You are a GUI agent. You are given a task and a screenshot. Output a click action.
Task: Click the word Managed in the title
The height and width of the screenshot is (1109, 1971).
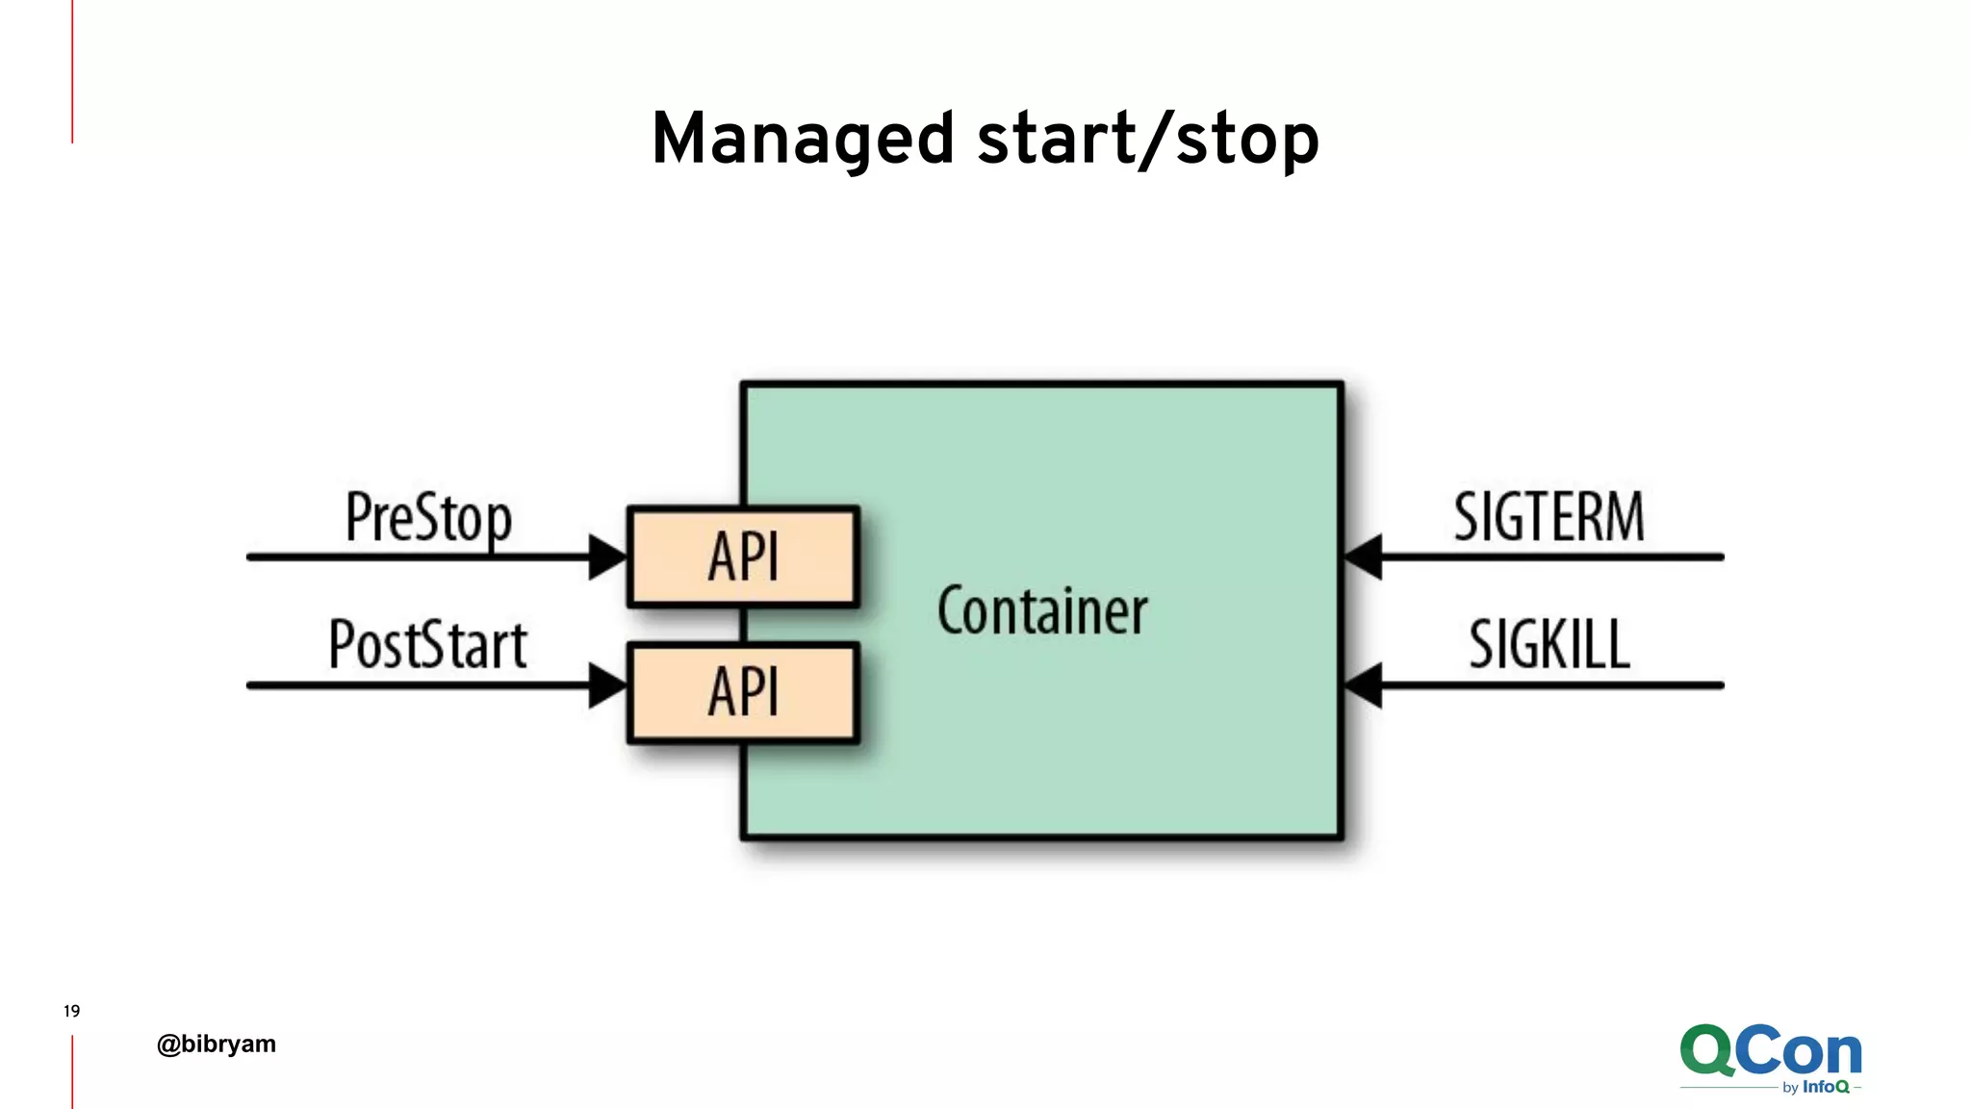click(x=803, y=140)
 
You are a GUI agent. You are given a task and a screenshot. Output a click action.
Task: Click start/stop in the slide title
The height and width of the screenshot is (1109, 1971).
click(x=1147, y=140)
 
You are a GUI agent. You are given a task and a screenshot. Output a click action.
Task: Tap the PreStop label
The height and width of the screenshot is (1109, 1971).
click(x=428, y=518)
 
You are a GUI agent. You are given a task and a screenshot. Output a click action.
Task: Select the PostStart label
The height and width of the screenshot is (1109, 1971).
click(x=428, y=644)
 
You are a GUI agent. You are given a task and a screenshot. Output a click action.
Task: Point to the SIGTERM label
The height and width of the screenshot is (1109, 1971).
click(x=1549, y=517)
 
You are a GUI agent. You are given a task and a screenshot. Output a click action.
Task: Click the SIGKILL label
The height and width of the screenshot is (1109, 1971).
click(x=1549, y=644)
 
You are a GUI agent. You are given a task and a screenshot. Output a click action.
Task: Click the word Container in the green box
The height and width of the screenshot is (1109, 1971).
click(x=1042, y=611)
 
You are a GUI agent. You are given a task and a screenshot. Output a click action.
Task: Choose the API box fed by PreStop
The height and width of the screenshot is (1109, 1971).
click(x=743, y=556)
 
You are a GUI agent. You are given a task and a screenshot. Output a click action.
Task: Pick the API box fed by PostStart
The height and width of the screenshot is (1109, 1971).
click(x=743, y=692)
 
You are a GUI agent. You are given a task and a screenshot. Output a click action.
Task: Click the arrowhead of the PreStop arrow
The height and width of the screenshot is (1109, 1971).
click(x=607, y=556)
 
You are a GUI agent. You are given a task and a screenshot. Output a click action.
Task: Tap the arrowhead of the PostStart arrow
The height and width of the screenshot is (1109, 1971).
click(x=607, y=685)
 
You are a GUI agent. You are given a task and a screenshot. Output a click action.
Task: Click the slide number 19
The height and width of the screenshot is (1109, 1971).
click(x=71, y=1011)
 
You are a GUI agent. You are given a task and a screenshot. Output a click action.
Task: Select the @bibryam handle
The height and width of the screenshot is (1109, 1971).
click(x=217, y=1045)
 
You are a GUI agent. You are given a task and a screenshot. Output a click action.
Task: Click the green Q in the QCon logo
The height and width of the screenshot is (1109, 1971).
click(x=1707, y=1051)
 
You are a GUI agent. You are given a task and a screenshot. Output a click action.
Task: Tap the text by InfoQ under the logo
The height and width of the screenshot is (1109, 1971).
click(x=1815, y=1087)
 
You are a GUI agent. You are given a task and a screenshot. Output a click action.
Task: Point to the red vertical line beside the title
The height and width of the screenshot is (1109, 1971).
click(x=72, y=72)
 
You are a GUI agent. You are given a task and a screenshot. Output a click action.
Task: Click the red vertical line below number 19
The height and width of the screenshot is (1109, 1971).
click(x=72, y=1070)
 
